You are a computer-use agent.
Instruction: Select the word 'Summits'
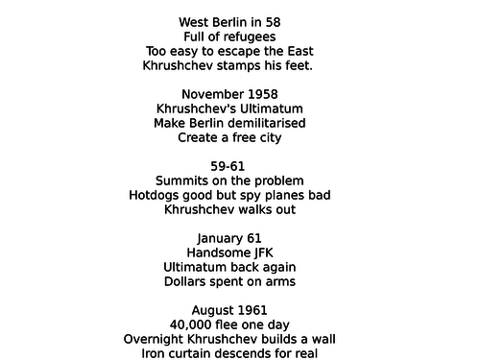click(x=182, y=180)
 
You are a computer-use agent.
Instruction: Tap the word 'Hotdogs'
click(x=157, y=195)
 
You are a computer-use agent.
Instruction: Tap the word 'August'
click(x=214, y=310)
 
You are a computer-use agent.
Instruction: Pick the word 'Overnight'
click(x=156, y=339)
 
